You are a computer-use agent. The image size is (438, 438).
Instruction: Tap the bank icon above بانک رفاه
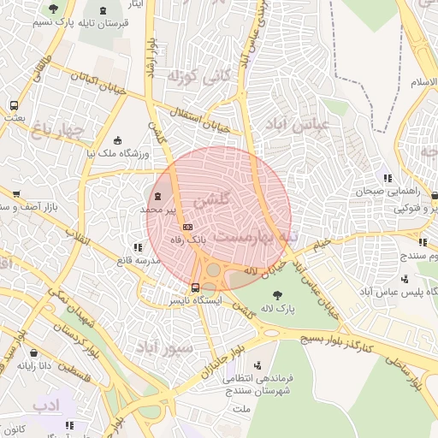tap(187, 227)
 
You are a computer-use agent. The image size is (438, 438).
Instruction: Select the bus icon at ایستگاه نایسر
tap(196, 287)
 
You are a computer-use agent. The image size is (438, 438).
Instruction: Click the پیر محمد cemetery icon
tap(156, 197)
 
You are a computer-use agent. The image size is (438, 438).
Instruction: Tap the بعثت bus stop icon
tap(14, 105)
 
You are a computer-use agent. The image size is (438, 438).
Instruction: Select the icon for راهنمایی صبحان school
tap(388, 179)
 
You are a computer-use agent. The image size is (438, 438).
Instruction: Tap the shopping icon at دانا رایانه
tap(33, 352)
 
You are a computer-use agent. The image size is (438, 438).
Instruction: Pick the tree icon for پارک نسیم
tap(54, 9)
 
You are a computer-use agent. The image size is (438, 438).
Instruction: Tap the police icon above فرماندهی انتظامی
tap(253, 363)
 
